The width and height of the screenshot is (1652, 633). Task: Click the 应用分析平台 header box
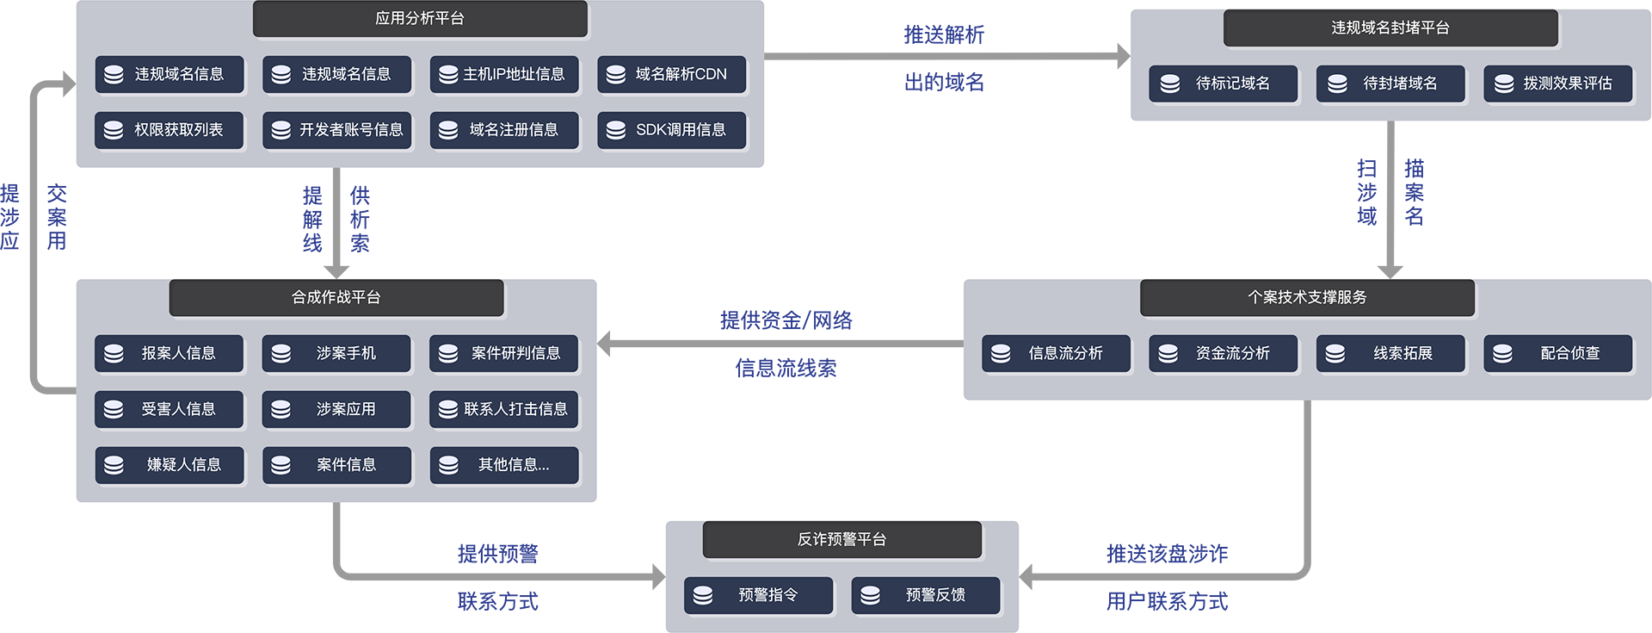click(420, 19)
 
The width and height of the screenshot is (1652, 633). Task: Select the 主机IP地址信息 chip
click(504, 75)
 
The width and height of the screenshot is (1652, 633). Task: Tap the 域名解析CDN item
click(671, 75)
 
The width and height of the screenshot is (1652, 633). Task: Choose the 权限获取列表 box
click(170, 130)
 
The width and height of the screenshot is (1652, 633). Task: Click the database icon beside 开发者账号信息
click(280, 131)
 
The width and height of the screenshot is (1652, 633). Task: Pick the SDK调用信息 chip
click(671, 130)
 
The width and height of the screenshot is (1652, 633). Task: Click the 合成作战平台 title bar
click(336, 298)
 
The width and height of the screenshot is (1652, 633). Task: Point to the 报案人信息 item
click(170, 354)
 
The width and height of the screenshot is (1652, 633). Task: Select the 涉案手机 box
click(336, 354)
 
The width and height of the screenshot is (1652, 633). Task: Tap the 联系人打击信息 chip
click(504, 409)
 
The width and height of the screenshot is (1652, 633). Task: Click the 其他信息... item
click(504, 465)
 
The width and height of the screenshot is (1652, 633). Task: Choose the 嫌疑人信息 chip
click(170, 465)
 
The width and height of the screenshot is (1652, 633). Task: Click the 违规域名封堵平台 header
click(1390, 28)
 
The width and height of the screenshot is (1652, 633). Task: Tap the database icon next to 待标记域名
click(1170, 84)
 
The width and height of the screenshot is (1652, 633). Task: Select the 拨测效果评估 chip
click(1558, 84)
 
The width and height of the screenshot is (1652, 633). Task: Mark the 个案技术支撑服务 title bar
click(1307, 298)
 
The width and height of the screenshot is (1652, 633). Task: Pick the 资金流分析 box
click(1223, 354)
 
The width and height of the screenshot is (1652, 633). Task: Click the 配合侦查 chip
click(1558, 354)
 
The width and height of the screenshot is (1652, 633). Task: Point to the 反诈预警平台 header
click(841, 540)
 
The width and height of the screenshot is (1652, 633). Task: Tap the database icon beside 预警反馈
click(870, 596)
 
